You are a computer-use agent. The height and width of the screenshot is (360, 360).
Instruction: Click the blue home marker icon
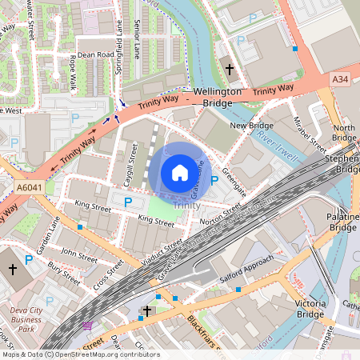pos(180,173)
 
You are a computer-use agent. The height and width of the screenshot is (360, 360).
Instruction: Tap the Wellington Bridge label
pos(217,98)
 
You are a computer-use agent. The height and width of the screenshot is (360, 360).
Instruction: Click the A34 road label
pos(340,78)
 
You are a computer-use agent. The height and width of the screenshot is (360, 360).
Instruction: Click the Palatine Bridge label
pos(342,222)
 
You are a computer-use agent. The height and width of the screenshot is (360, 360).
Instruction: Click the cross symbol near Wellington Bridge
pos(230,70)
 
